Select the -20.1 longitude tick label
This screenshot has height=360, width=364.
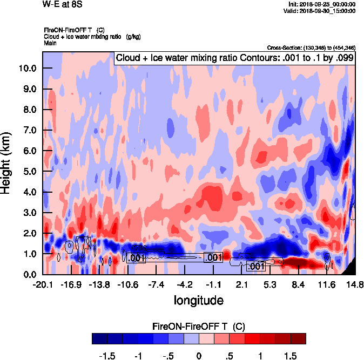tap(43, 284)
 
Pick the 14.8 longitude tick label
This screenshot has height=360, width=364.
tap(354, 284)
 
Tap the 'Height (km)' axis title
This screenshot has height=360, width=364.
tap(7, 162)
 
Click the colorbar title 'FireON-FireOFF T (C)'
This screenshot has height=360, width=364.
tap(199, 327)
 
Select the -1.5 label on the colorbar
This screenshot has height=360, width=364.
tap(107, 356)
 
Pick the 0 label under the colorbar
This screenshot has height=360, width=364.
tap(199, 356)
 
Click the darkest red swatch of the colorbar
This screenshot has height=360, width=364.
tap(298, 338)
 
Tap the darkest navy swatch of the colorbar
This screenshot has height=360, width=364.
tap(99, 338)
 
